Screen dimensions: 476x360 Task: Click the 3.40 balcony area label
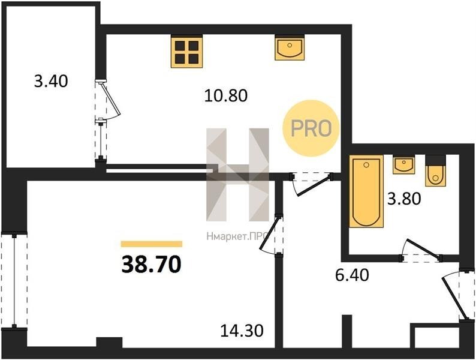point(51,82)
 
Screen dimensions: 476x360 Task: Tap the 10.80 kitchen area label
point(226,95)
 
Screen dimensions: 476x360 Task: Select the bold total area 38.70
point(151,265)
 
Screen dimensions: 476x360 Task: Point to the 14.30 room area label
point(242,331)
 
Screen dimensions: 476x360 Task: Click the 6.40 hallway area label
point(352,275)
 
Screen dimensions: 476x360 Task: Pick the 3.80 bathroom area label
point(404,199)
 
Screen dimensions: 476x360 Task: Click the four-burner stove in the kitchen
point(186,52)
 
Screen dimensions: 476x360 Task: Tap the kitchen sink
point(290,47)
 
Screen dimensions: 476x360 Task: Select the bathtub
point(366,191)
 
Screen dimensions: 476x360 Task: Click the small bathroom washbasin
point(403,164)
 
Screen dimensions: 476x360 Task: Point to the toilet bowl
point(436,171)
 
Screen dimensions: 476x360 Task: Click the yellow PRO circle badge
point(311,128)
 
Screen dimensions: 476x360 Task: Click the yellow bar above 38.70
point(152,244)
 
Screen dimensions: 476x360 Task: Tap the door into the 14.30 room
point(272,234)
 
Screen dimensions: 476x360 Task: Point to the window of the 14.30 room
point(14,281)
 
